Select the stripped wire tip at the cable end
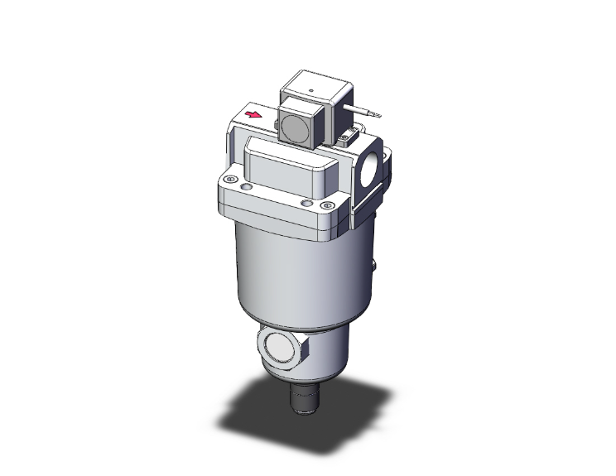(x=377, y=117)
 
